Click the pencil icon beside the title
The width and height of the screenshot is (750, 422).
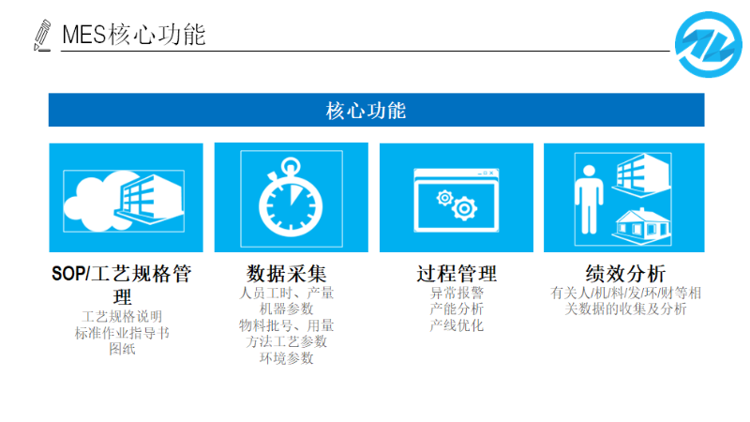click(42, 35)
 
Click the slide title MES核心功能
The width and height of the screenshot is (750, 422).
click(134, 35)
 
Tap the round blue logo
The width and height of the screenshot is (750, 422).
click(709, 44)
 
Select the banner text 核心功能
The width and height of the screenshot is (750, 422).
click(366, 111)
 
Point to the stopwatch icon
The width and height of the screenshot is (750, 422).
click(291, 197)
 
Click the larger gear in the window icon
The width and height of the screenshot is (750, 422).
click(464, 208)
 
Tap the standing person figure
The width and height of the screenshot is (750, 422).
click(589, 200)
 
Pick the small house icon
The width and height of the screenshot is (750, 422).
click(641, 226)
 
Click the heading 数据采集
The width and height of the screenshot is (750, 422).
click(287, 274)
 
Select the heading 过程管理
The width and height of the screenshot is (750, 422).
click(457, 274)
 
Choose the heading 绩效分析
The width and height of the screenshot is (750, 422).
click(625, 274)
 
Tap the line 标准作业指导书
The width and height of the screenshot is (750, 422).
click(122, 333)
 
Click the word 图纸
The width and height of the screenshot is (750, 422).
click(122, 349)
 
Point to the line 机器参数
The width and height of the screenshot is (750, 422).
click(286, 309)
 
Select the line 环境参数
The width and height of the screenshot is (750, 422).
click(286, 358)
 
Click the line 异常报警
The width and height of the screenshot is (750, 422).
click(457, 293)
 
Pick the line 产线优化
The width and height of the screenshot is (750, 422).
click(457, 325)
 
